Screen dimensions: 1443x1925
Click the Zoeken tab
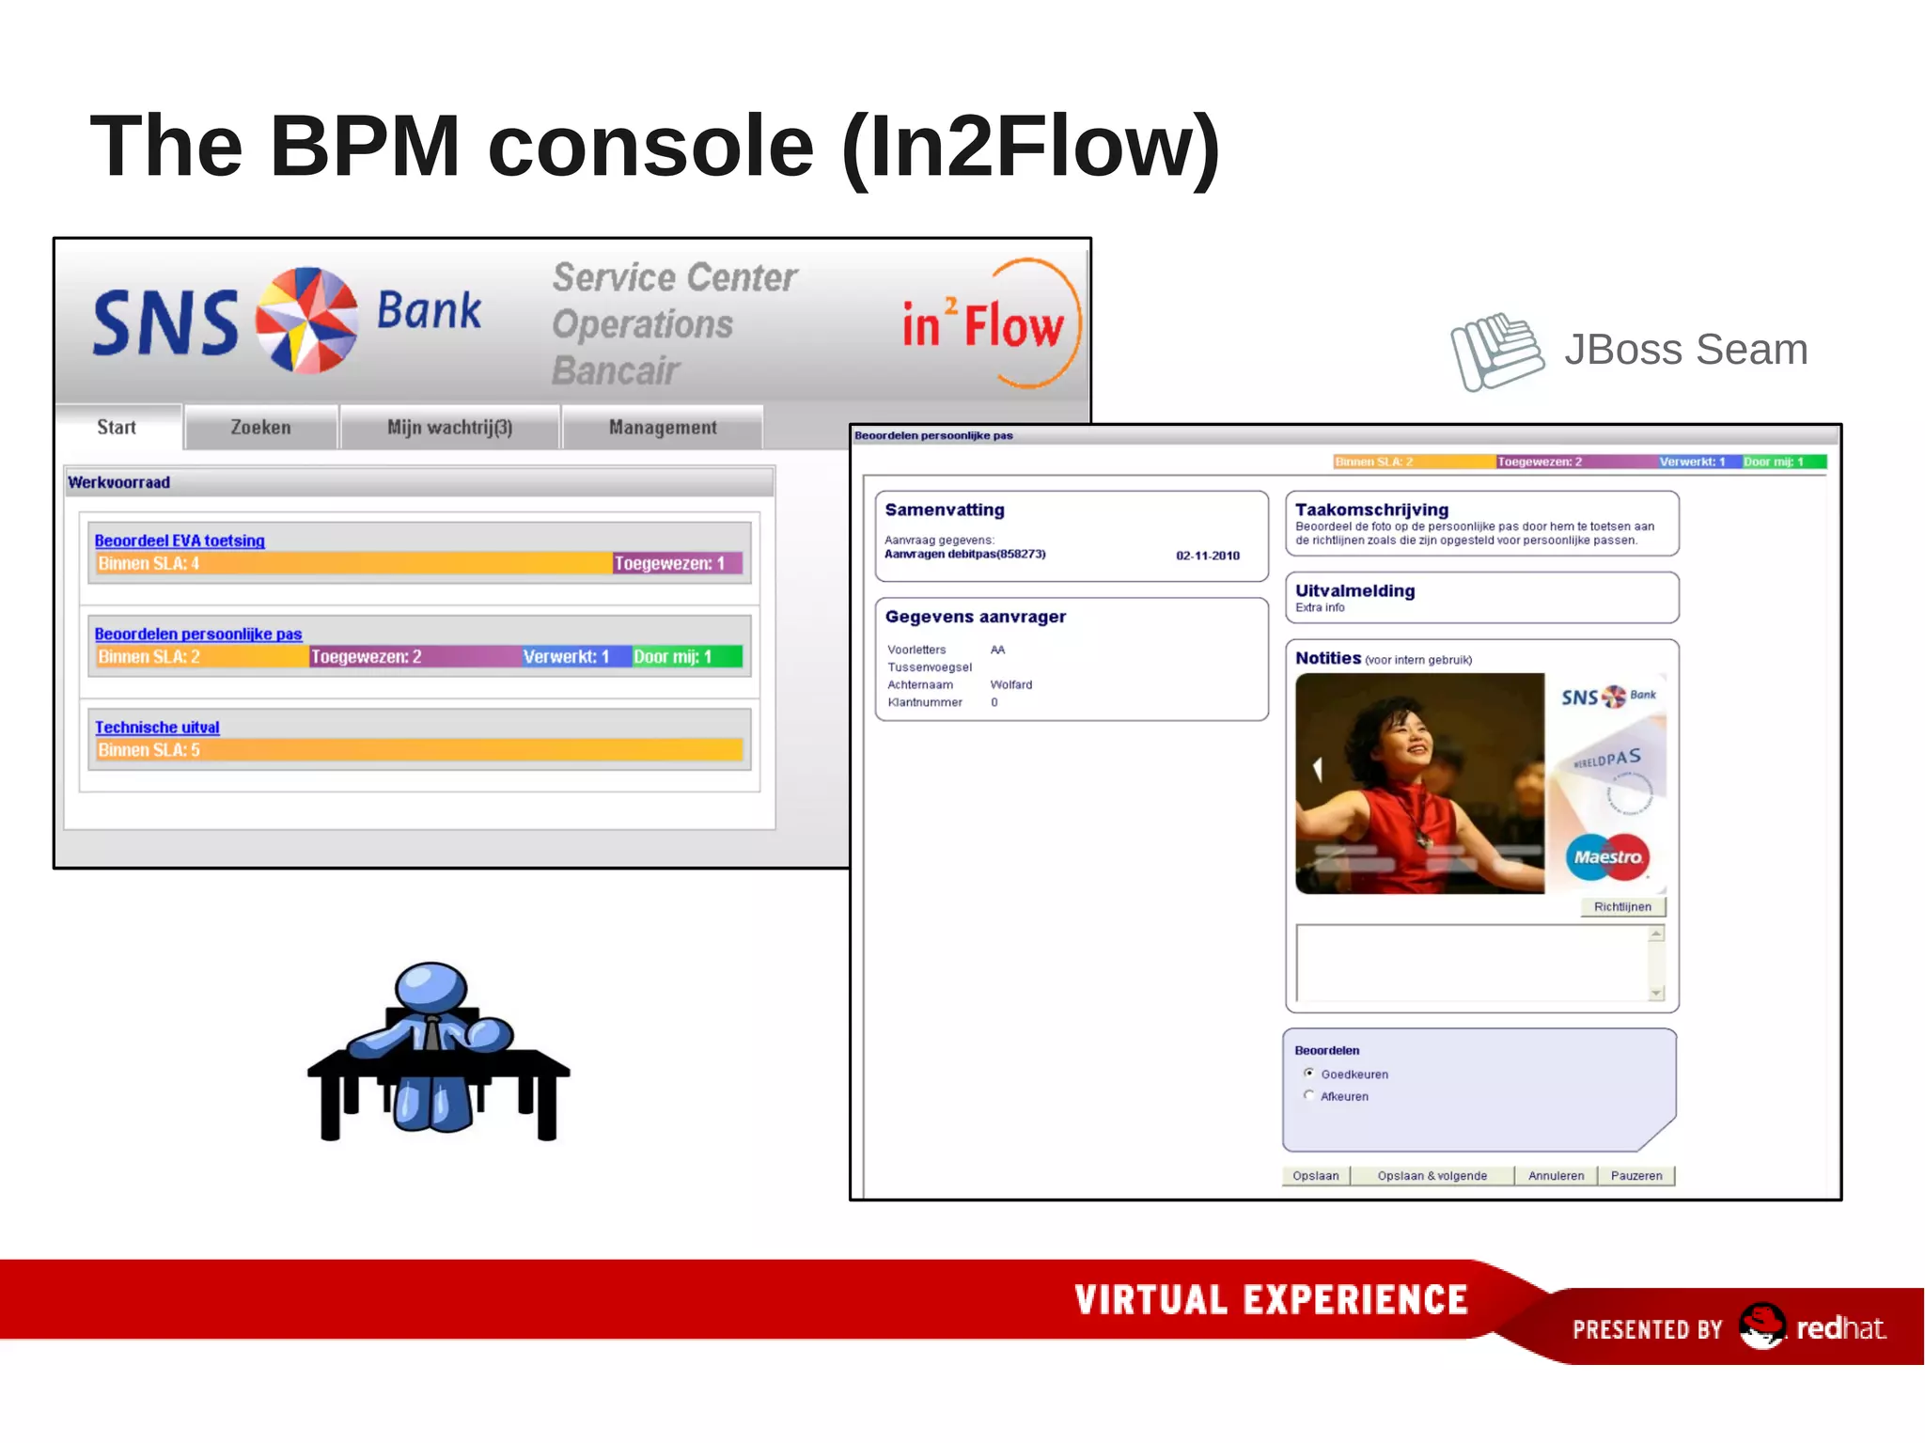click(260, 428)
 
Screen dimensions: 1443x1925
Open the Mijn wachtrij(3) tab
click(449, 428)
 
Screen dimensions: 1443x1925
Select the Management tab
click(663, 428)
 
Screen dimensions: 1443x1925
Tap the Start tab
click(117, 428)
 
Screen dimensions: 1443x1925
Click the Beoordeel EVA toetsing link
click(180, 541)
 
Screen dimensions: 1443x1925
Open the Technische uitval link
click(157, 728)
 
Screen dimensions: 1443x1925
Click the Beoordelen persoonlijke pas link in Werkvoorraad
click(198, 635)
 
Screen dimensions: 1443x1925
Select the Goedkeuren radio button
click(1309, 1074)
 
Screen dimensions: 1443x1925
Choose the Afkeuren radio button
click(1309, 1095)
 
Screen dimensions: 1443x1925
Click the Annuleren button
click(1556, 1176)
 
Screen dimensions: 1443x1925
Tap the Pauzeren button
click(1636, 1176)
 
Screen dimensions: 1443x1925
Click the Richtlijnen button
click(1622, 907)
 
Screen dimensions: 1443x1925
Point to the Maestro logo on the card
click(1608, 857)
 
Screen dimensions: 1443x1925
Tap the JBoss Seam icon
click(1496, 352)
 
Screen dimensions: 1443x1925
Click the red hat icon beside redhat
click(1761, 1325)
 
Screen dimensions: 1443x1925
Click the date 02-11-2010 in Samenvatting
click(1208, 556)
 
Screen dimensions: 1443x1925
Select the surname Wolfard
click(1011, 685)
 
